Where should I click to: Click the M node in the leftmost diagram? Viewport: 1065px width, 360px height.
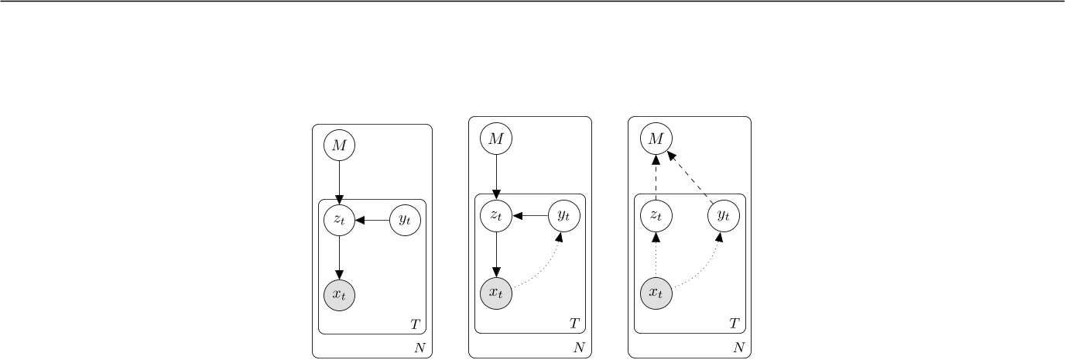339,145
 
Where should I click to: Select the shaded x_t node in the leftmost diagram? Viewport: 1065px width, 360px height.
339,294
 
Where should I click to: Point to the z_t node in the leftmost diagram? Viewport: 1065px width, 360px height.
339,220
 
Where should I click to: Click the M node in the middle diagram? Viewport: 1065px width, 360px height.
496,139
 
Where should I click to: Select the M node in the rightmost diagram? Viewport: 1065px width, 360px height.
656,139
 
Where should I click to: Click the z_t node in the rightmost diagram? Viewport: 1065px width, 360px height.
656,215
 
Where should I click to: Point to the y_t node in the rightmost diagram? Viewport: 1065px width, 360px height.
724,215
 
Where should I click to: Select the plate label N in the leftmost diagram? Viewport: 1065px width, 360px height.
419,348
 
